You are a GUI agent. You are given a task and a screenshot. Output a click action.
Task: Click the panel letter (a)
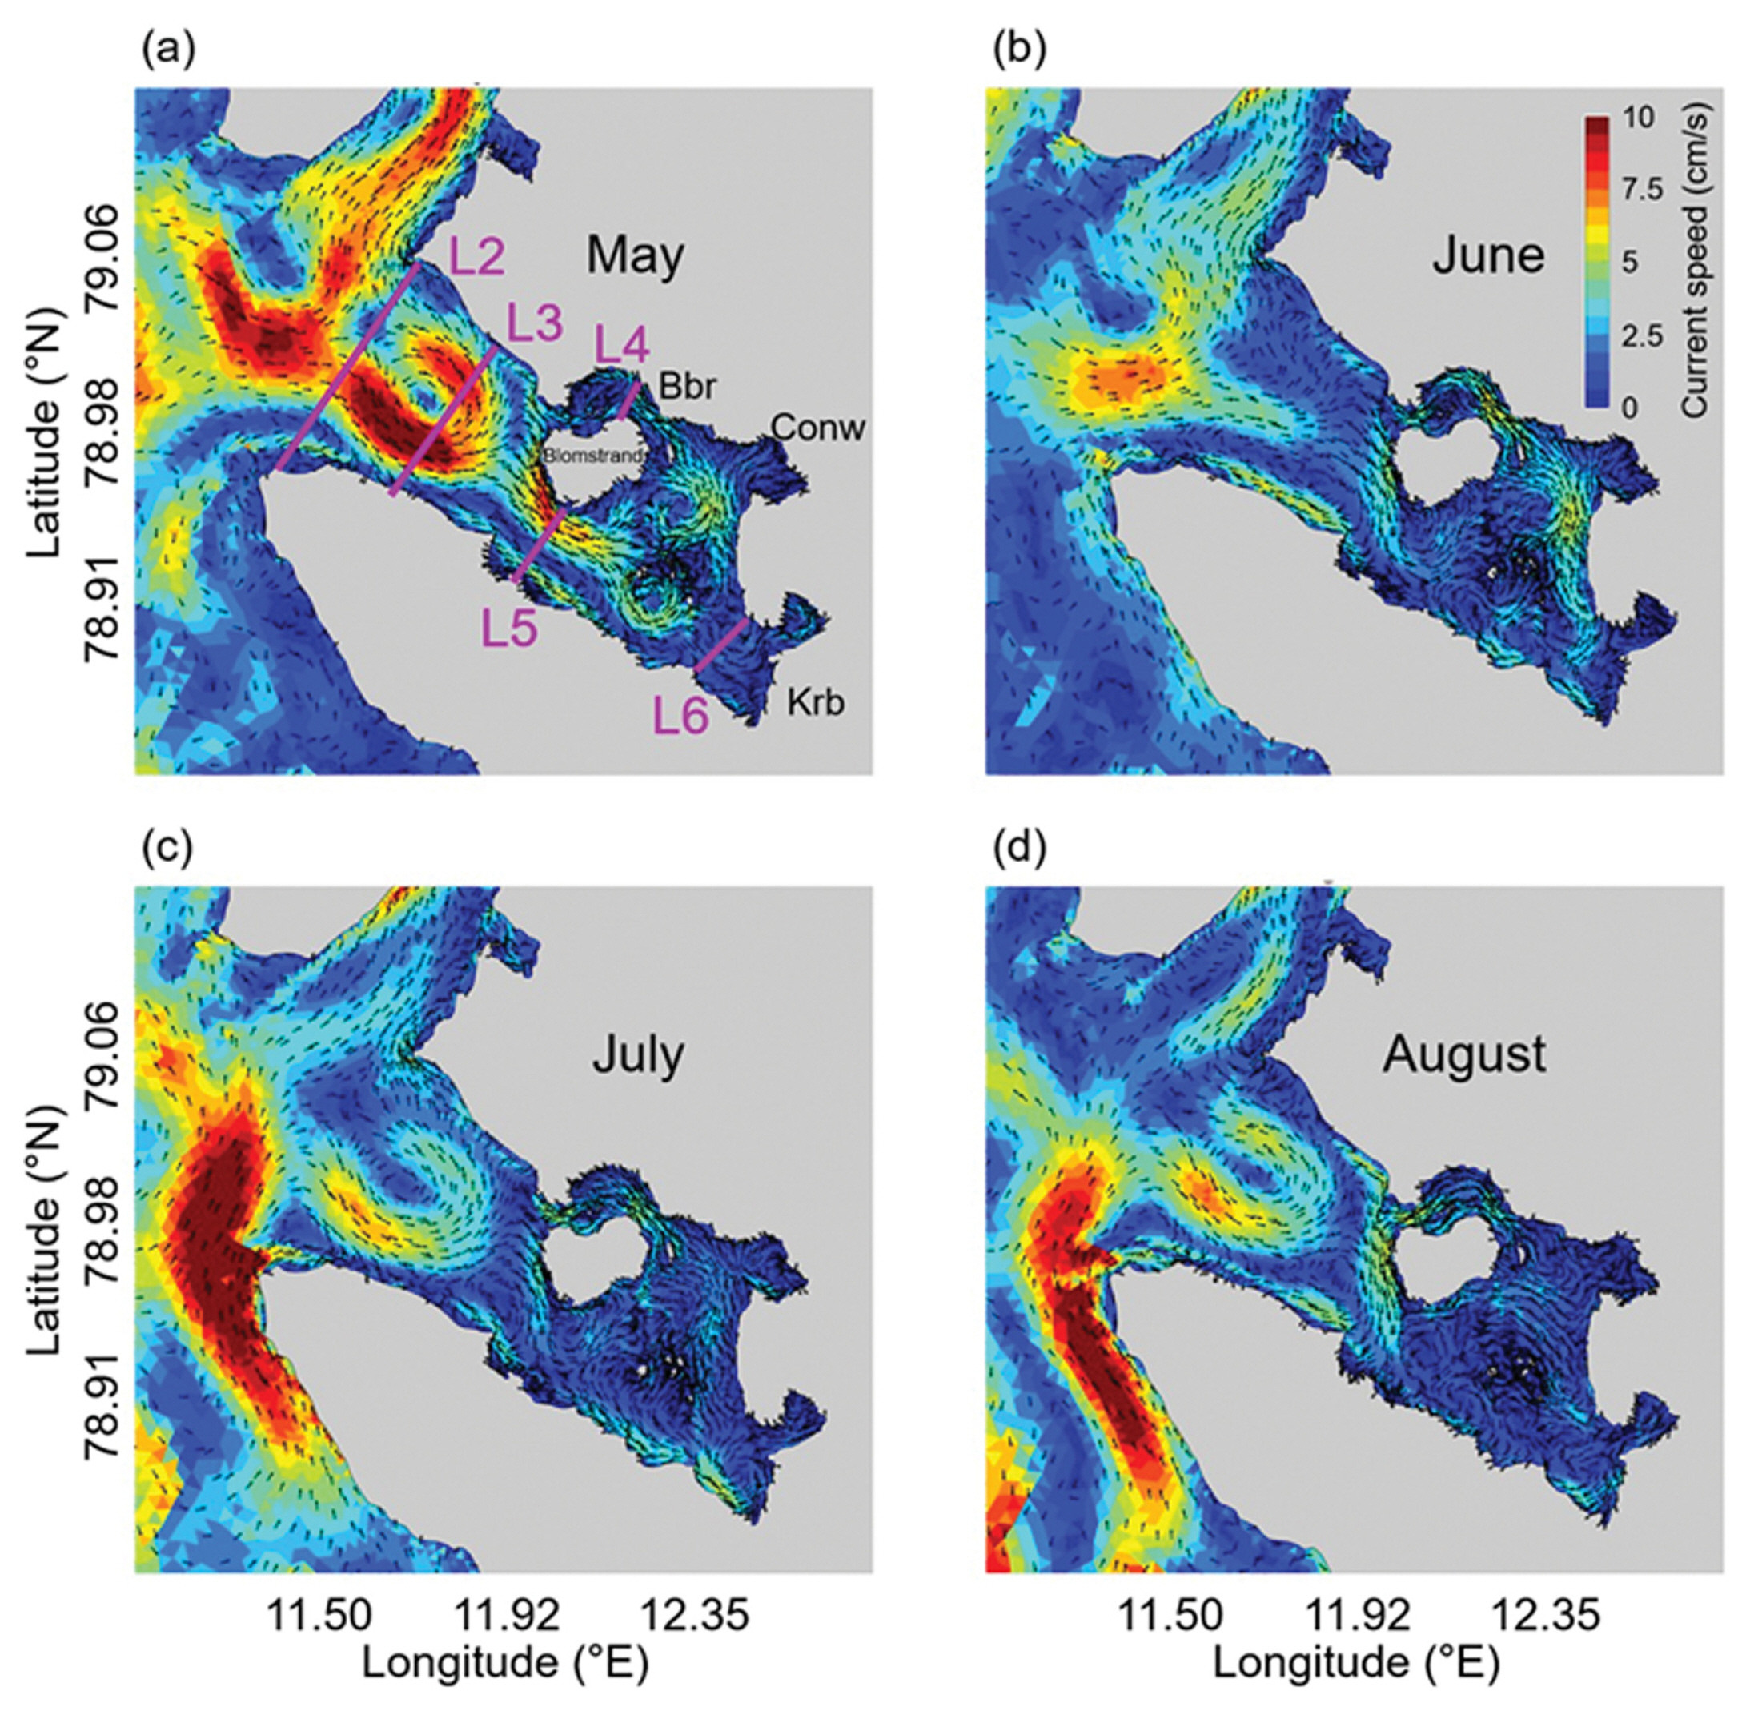167,52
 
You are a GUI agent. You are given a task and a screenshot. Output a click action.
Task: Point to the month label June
1488,256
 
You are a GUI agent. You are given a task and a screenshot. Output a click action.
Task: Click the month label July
638,1054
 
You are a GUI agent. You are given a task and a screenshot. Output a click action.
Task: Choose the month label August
1464,1054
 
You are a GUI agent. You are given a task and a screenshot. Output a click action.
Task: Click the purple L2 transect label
476,257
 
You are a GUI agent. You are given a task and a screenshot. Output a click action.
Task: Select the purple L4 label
620,345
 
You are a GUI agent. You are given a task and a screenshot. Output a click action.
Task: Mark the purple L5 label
509,628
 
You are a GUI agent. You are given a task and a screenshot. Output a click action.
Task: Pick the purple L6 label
681,718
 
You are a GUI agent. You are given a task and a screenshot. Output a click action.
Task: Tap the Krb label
816,701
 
